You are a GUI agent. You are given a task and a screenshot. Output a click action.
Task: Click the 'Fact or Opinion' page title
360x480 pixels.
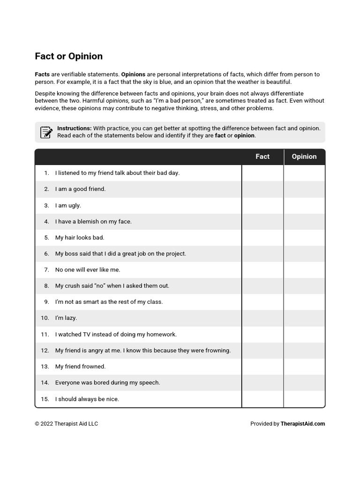(x=68, y=56)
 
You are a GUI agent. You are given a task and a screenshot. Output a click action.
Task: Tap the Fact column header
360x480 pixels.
(x=262, y=157)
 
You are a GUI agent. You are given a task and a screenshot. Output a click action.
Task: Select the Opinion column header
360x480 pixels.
(x=304, y=157)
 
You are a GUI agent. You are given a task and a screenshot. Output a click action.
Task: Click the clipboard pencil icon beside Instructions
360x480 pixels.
(x=46, y=132)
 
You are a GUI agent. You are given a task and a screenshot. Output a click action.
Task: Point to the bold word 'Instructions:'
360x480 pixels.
(x=74, y=128)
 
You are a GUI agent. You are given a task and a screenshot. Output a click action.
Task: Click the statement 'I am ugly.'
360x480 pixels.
(x=68, y=205)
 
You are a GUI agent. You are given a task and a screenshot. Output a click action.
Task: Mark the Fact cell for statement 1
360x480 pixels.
(x=262, y=173)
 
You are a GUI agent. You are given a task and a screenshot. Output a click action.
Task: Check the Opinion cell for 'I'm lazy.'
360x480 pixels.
(x=304, y=318)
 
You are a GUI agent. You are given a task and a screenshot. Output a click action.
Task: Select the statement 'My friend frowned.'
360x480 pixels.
(x=80, y=367)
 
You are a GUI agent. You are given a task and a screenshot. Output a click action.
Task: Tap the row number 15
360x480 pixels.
(x=45, y=399)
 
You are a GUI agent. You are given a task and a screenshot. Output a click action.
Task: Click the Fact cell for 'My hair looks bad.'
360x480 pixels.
(x=262, y=238)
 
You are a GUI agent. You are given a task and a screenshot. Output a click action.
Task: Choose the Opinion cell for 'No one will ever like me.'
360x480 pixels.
(x=304, y=270)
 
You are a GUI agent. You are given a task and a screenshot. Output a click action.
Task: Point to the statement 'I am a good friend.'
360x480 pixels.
(x=80, y=189)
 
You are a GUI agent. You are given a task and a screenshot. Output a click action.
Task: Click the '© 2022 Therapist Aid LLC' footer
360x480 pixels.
(x=66, y=424)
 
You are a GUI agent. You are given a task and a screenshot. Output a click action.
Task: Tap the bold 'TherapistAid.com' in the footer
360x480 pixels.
(x=303, y=424)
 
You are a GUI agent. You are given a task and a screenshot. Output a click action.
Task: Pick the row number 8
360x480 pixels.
(x=46, y=286)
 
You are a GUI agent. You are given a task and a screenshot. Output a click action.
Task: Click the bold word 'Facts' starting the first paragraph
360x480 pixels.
(x=42, y=75)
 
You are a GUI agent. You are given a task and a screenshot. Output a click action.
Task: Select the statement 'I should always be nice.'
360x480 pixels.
(x=87, y=399)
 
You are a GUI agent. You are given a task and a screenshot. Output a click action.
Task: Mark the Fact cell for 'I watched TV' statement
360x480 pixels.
(x=262, y=334)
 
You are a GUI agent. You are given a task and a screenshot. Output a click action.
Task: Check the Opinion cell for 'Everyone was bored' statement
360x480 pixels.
(x=304, y=382)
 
